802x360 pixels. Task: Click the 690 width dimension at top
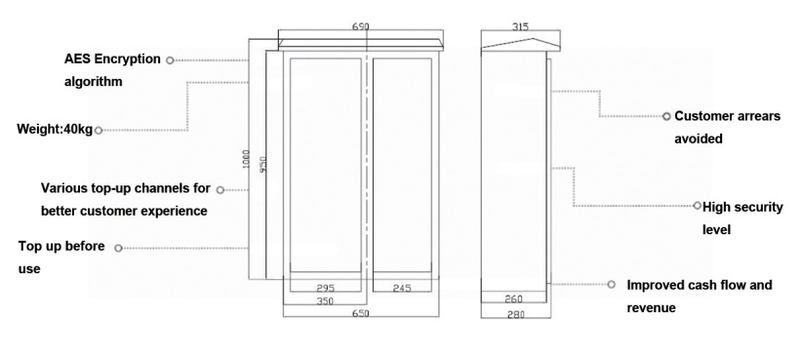(x=361, y=26)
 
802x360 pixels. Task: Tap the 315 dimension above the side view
(x=520, y=26)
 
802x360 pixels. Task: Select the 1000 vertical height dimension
(x=246, y=159)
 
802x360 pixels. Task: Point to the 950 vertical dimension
(x=262, y=164)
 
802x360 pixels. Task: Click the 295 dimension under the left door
(x=325, y=289)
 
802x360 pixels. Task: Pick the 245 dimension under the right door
(x=402, y=289)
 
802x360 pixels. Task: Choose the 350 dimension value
(x=325, y=301)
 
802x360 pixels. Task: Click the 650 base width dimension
(x=361, y=313)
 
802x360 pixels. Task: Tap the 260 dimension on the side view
(x=513, y=299)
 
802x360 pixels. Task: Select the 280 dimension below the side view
(x=515, y=315)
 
